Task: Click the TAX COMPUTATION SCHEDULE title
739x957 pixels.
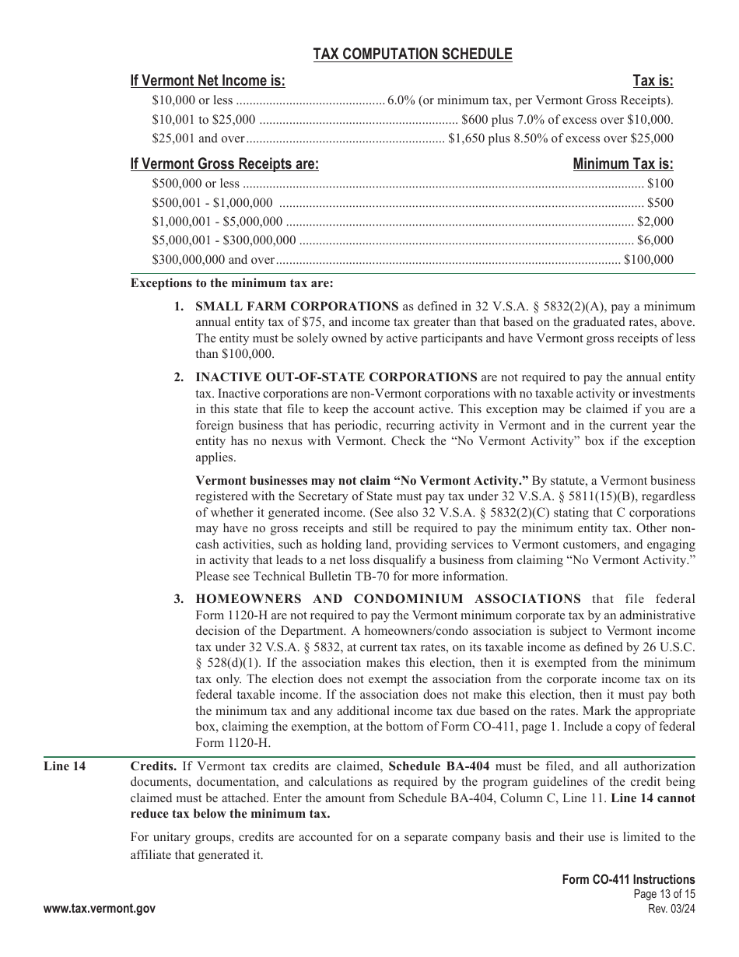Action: (412, 54)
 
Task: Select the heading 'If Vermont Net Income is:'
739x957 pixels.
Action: (208, 81)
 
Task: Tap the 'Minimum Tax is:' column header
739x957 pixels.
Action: (622, 164)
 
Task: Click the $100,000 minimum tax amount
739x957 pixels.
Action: (648, 260)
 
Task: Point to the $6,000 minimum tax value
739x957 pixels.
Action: (655, 240)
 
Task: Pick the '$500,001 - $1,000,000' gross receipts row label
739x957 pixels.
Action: (212, 202)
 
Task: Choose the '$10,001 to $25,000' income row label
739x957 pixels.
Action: (203, 119)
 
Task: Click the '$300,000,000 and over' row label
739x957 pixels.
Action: (213, 260)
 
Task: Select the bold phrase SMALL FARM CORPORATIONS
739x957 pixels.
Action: (296, 306)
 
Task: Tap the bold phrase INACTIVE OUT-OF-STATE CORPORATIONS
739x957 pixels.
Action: (336, 377)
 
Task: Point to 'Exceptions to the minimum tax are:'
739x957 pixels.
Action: (232, 283)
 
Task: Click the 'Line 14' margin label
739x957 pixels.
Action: (64, 766)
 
